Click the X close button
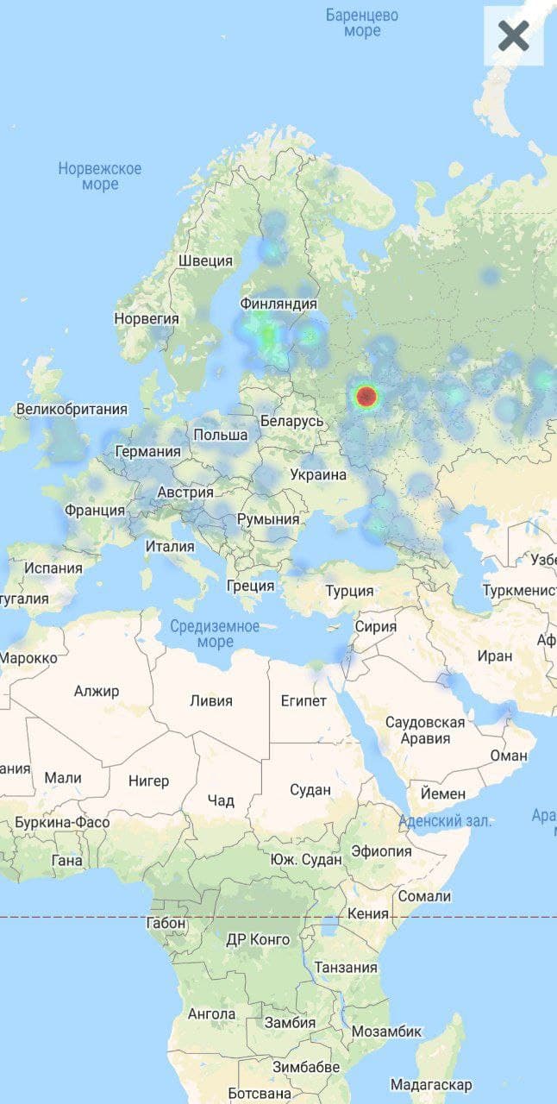[513, 36]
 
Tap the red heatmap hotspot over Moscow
[366, 397]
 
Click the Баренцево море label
[362, 23]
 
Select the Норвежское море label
[100, 176]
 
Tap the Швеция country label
[205, 260]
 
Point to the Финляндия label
[278, 304]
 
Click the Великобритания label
[72, 409]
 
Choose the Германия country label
[148, 451]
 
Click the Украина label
[318, 474]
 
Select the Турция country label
[349, 591]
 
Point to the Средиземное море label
[215, 634]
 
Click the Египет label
[304, 700]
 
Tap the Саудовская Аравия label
[425, 730]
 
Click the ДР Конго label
[258, 939]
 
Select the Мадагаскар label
[431, 1084]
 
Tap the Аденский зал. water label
[446, 821]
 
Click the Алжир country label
[97, 691]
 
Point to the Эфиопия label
[381, 851]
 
